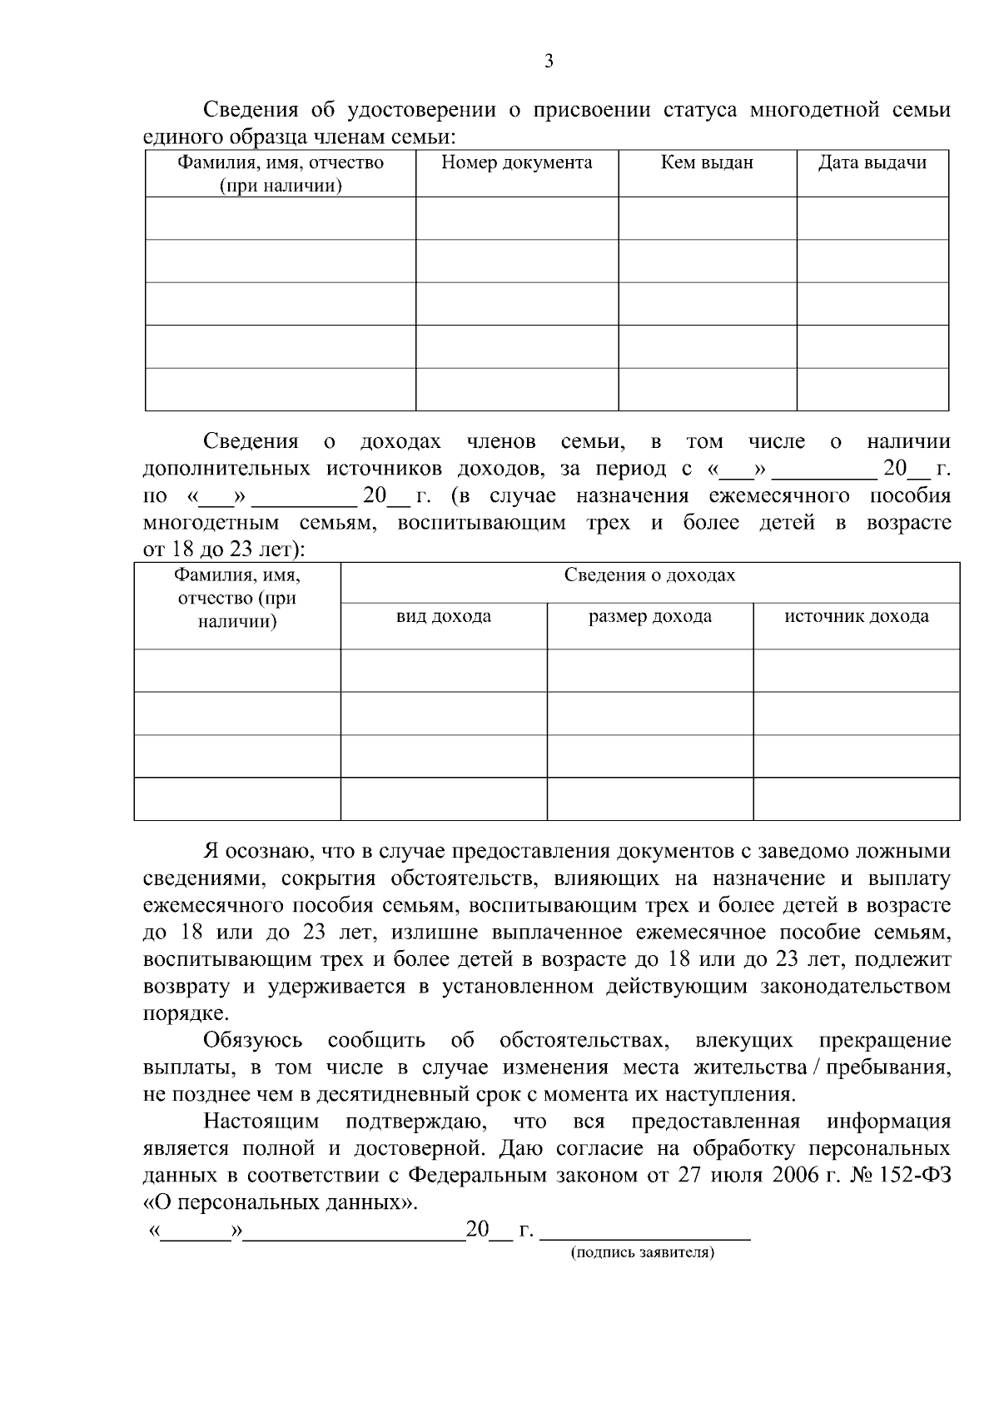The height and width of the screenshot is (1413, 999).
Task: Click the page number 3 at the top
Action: [547, 61]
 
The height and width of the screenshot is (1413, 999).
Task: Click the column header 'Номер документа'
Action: [516, 163]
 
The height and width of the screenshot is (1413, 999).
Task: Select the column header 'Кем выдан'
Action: [707, 163]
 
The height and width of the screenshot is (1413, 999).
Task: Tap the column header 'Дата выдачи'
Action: [872, 163]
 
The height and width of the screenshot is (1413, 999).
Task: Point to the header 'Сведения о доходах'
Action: [649, 575]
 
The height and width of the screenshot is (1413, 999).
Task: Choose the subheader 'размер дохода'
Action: [649, 617]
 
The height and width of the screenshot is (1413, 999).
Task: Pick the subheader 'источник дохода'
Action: [856, 617]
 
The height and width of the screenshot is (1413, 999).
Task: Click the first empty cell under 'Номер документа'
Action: [516, 218]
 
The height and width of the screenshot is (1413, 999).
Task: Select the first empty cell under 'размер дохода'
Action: [649, 670]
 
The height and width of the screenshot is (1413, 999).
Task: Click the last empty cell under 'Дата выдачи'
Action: [872, 390]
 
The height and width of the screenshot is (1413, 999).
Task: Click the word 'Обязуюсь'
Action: [253, 1042]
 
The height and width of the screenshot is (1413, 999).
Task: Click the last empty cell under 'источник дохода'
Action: [856, 799]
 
